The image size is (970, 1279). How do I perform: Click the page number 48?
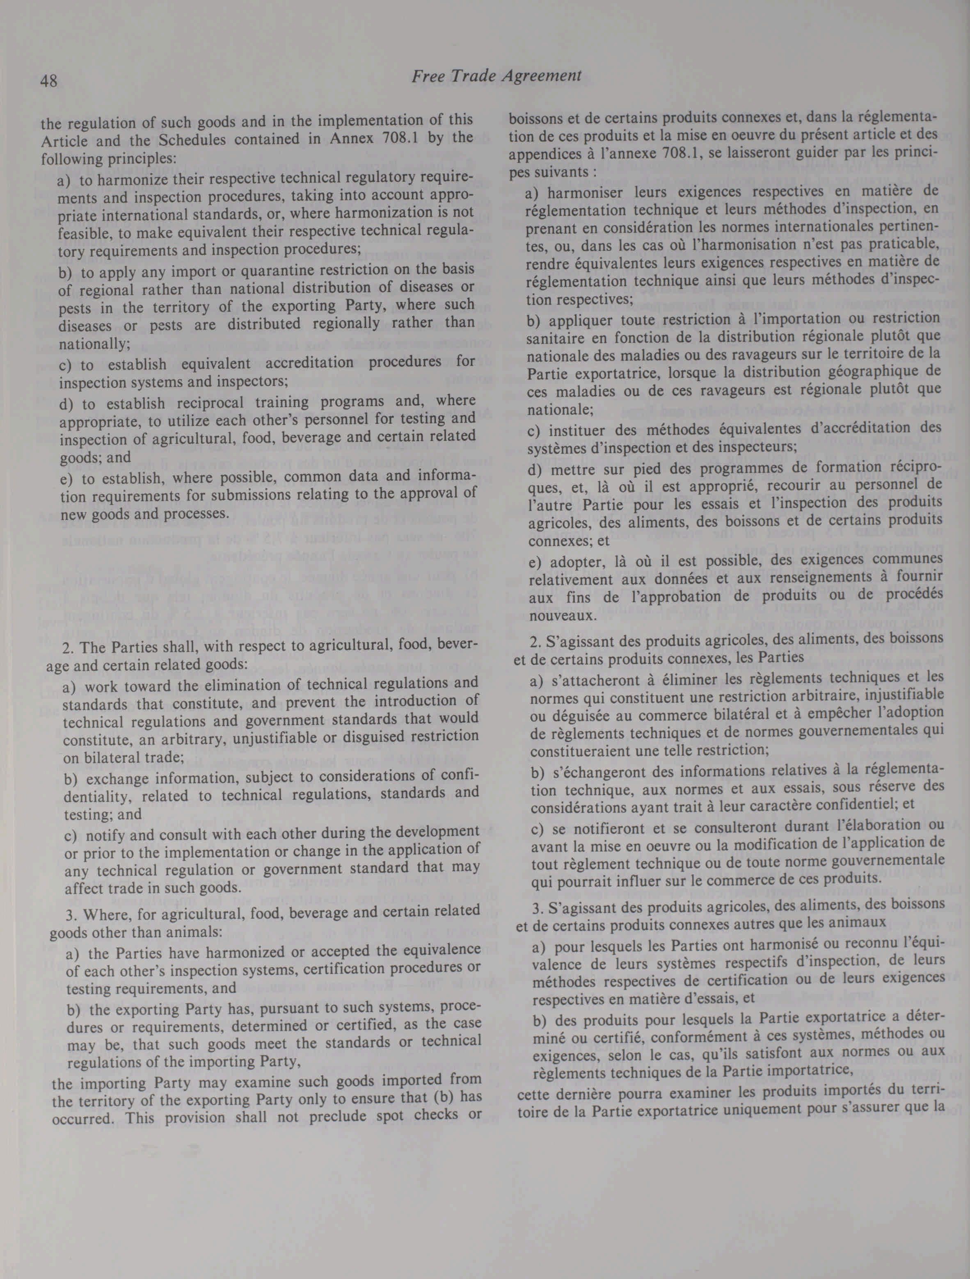[x=48, y=81]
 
